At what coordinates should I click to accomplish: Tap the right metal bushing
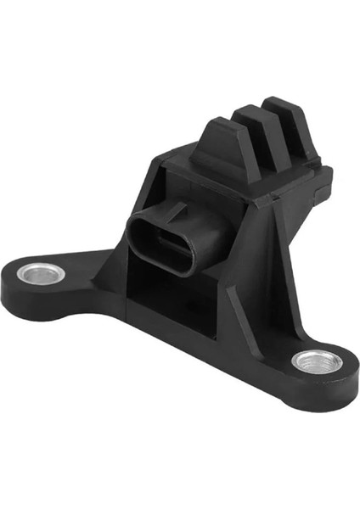point(317,362)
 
